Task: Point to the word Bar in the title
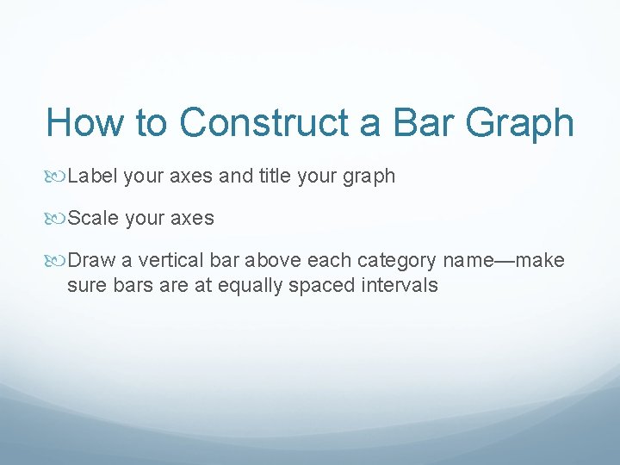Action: [x=419, y=122]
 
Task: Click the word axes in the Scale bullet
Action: [x=191, y=219]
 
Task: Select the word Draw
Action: [x=90, y=261]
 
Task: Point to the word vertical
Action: [x=166, y=261]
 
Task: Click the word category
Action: [x=397, y=261]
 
